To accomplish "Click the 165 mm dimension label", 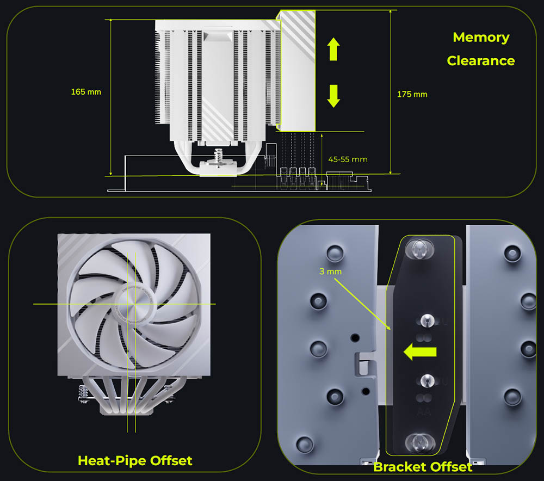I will tap(86, 91).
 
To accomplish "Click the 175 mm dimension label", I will tap(412, 94).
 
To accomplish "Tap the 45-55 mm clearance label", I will tap(348, 159).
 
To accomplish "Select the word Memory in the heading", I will tap(481, 38).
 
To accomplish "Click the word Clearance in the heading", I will tap(480, 60).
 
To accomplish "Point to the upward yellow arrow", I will tap(333, 49).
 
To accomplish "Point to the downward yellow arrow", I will tap(333, 96).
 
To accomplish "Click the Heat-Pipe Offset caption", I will tap(135, 460).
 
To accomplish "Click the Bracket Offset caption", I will tap(423, 466).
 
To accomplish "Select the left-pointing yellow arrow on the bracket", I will tap(419, 352).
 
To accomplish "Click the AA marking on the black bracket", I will tap(422, 414).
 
